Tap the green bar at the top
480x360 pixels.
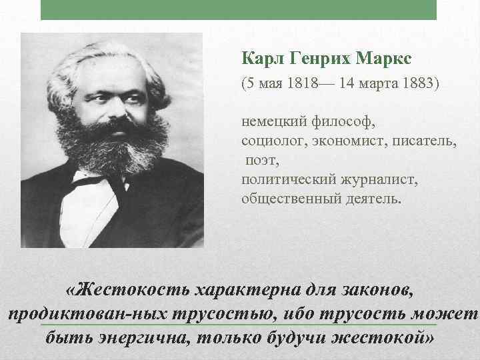click(x=239, y=9)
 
